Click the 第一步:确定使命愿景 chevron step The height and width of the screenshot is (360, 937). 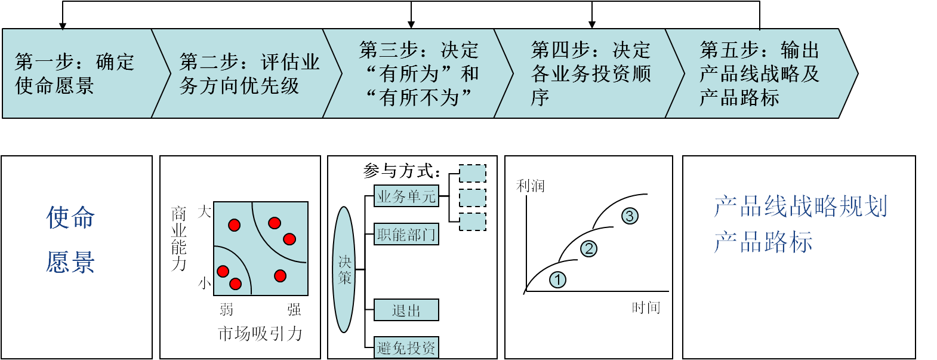tap(78, 73)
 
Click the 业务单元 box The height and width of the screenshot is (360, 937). tap(406, 196)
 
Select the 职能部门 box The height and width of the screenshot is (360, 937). tap(406, 234)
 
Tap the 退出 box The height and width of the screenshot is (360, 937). tap(406, 310)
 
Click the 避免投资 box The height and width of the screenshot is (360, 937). tap(406, 347)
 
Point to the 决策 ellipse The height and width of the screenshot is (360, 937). tap(344, 270)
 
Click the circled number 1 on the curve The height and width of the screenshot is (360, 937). tap(557, 279)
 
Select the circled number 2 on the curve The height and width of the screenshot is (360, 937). tap(588, 248)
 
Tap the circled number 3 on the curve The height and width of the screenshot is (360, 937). tap(630, 216)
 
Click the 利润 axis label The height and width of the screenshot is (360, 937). tap(530, 186)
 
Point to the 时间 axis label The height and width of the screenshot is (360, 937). tap(646, 307)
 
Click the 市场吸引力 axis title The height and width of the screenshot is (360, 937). tap(260, 333)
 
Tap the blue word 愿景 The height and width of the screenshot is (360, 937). tap(70, 262)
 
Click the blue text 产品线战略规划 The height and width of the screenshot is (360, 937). tap(800, 207)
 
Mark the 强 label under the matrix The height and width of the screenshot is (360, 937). tap(294, 309)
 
